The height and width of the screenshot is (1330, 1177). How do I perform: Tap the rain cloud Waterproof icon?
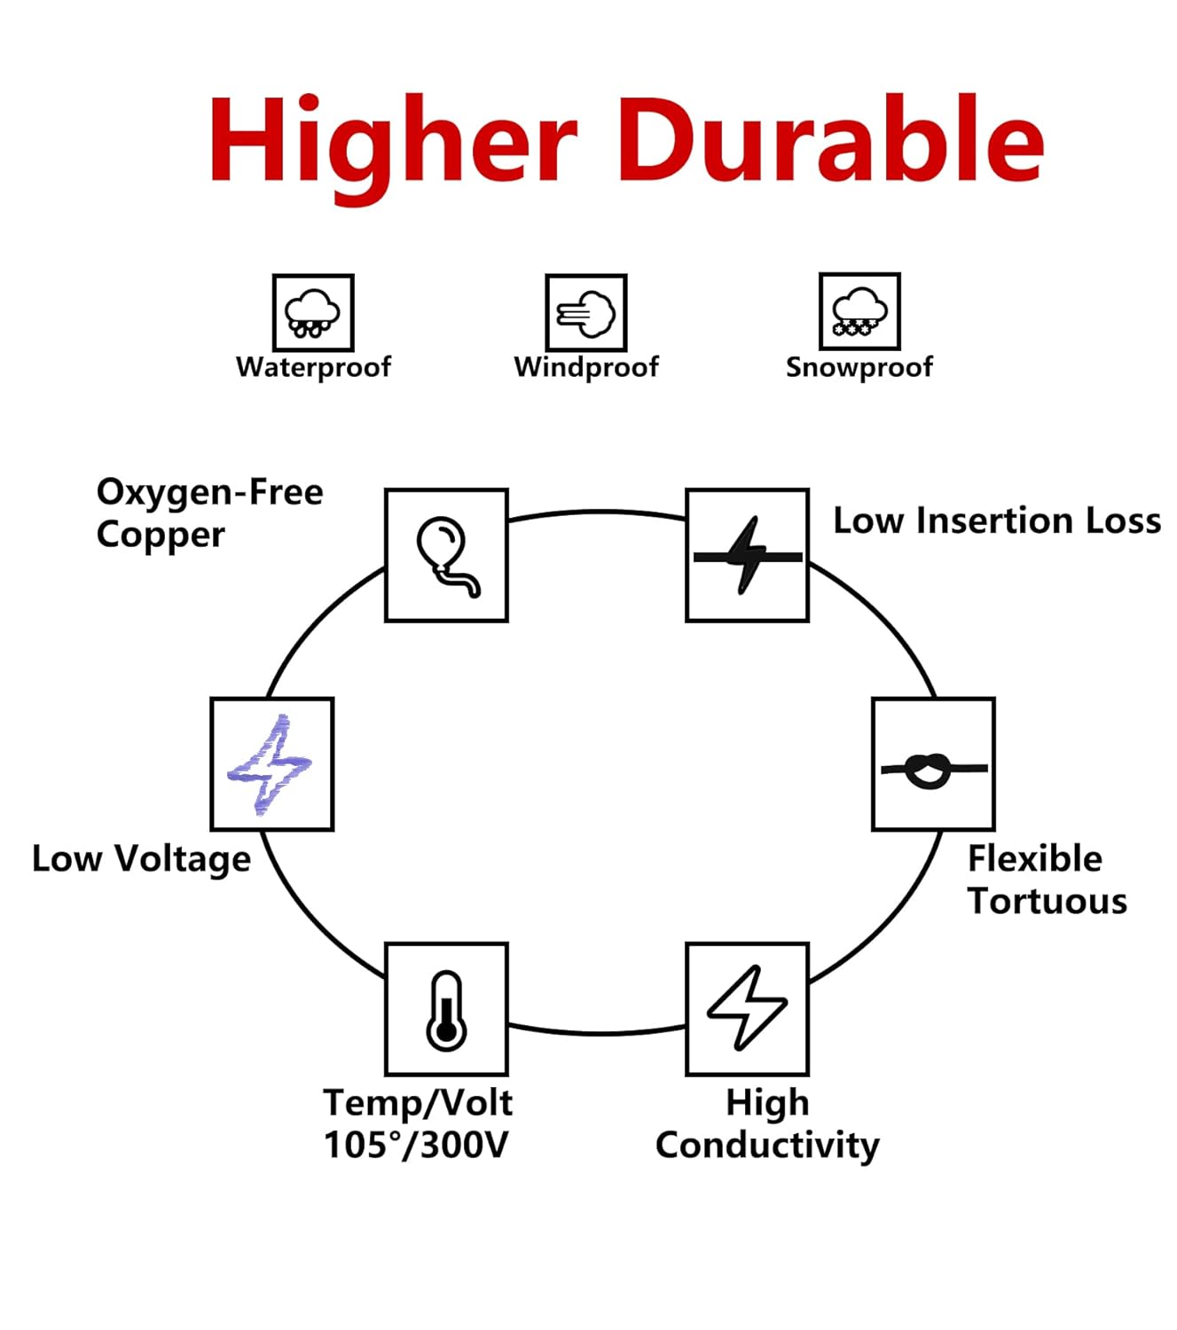click(313, 312)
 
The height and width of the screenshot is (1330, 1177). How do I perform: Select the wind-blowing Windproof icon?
click(586, 312)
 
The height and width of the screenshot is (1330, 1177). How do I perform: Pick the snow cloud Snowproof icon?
click(859, 311)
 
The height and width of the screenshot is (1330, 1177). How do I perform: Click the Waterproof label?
click(313, 367)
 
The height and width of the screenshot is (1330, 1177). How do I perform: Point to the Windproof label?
click(586, 367)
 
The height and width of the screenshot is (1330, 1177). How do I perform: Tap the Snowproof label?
click(859, 367)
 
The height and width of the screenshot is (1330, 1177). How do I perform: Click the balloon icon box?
click(446, 555)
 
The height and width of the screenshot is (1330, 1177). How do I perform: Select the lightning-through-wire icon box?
click(747, 555)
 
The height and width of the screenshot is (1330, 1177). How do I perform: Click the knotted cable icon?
click(933, 764)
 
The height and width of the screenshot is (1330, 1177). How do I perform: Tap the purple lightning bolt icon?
click(271, 764)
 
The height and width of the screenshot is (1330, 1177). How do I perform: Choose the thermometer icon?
click(446, 1009)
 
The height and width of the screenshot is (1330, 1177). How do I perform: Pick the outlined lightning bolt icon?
click(747, 1009)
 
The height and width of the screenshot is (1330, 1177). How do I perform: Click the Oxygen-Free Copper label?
click(209, 513)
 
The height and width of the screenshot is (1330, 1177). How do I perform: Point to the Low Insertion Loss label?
click(997, 520)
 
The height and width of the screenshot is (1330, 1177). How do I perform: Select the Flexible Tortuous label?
click(1047, 880)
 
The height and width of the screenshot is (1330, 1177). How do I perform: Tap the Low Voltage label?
click(141, 858)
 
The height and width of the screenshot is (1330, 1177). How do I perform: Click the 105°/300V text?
click(415, 1145)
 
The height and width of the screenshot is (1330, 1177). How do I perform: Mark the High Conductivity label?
click(767, 1124)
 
